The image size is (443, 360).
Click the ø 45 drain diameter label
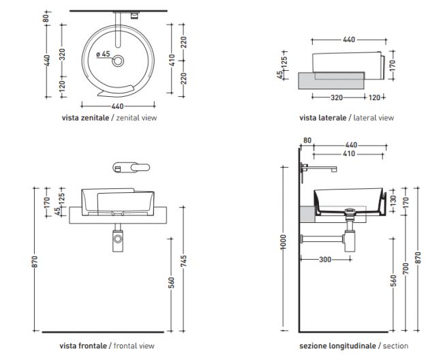tap(103, 54)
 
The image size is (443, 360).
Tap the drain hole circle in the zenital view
tap(118, 61)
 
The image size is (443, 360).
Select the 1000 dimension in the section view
tap(284, 242)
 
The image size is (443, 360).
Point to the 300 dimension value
tap(325, 259)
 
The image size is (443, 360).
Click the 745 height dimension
tap(183, 261)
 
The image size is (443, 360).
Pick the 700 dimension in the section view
tap(406, 269)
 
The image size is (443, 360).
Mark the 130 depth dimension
tap(393, 201)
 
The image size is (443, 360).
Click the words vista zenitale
tap(85, 117)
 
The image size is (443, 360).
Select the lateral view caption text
tap(373, 117)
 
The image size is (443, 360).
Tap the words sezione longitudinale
tap(337, 346)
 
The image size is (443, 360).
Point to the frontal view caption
tap(134, 346)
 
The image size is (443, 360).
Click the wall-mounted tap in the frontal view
tap(131, 167)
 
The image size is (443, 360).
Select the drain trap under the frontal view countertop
tap(118, 238)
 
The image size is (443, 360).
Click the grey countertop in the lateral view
tap(331, 81)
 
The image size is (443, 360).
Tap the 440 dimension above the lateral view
tap(349, 40)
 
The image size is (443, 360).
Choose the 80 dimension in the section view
tap(307, 140)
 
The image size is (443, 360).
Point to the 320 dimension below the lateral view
tap(337, 97)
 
